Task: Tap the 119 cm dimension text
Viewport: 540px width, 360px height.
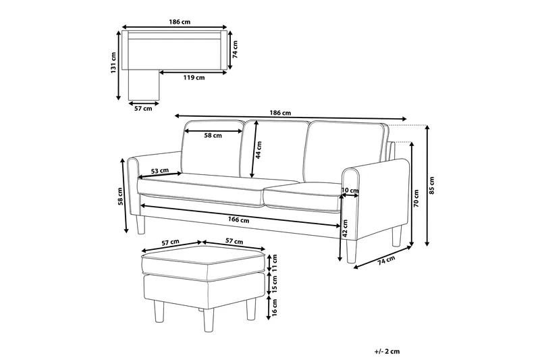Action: tap(194, 78)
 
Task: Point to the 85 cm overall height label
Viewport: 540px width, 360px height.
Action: tap(433, 183)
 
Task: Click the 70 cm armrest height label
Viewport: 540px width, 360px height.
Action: tap(416, 198)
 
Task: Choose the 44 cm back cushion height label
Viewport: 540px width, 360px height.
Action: tap(259, 151)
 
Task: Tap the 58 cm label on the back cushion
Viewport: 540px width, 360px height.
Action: tap(213, 136)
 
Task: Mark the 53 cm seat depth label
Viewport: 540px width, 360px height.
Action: tap(160, 172)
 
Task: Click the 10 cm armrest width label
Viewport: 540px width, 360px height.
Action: tap(350, 191)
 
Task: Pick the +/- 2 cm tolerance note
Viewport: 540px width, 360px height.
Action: tap(386, 351)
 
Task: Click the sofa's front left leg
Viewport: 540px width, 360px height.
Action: tap(140, 226)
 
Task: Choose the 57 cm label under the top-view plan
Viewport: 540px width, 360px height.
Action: tap(142, 108)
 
